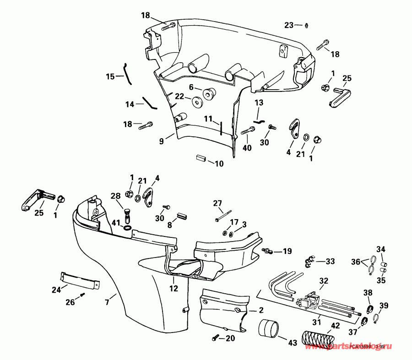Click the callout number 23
[288, 25]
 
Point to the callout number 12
[174, 289]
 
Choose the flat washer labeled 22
[198, 101]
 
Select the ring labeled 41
[127, 227]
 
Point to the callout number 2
[261, 310]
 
